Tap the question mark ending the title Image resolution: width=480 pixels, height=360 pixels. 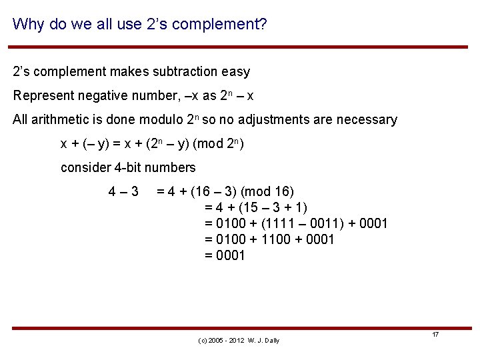[x=263, y=25]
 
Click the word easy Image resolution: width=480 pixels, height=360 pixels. [x=236, y=71]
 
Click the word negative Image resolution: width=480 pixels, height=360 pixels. [x=105, y=95]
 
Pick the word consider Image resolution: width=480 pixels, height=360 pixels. [x=85, y=167]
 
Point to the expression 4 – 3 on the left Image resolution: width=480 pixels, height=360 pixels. [x=123, y=192]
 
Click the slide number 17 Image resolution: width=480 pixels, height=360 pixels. [x=435, y=334]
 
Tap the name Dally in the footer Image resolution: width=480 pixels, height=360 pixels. [x=271, y=341]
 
